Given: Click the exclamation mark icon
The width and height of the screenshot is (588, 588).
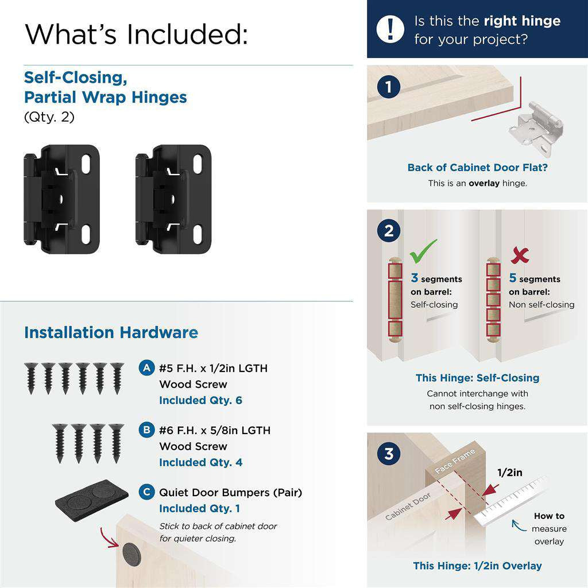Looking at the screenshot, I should [x=390, y=29].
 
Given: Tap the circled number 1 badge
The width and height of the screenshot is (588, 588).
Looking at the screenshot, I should [x=389, y=88].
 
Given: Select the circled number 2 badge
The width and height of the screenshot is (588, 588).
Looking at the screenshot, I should [x=389, y=231].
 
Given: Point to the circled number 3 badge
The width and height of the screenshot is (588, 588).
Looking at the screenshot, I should [x=389, y=454].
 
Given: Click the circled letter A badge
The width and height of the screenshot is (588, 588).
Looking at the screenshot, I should [x=147, y=368].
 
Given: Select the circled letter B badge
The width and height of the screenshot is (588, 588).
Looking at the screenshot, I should [x=147, y=430].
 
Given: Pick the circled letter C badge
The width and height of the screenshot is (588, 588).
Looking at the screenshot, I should [x=147, y=492].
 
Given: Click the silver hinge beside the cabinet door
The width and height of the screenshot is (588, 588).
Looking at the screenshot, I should [x=535, y=127].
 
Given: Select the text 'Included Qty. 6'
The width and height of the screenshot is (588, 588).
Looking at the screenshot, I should [x=200, y=400].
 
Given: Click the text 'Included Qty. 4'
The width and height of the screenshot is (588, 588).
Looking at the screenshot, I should [x=200, y=462].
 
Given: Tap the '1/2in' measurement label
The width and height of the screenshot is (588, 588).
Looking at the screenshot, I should [x=510, y=473].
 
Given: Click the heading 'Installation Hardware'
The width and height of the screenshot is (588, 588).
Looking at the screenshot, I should [x=111, y=332].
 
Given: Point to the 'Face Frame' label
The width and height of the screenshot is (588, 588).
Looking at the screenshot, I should [x=455, y=461].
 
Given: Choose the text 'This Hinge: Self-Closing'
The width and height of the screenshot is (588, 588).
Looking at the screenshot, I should [x=477, y=378].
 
